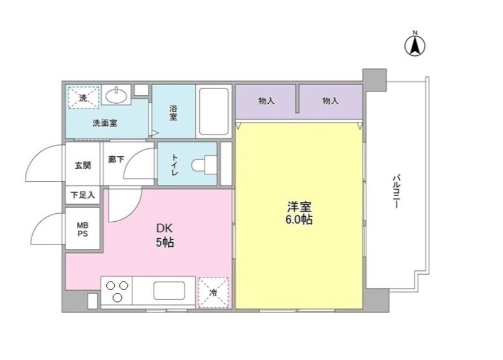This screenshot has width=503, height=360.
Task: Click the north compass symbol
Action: click(x=415, y=45)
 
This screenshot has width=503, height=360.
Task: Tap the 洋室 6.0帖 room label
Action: click(x=299, y=213)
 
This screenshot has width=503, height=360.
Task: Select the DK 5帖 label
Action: click(x=165, y=236)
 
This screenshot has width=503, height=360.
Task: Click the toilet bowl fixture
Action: click(x=201, y=165)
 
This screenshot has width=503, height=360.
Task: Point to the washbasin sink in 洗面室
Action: click(x=116, y=96)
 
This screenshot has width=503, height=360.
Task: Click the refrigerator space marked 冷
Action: click(x=213, y=292)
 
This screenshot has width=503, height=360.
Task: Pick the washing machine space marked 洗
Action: click(x=84, y=97)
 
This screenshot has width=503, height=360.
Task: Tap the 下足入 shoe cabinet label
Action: click(x=83, y=195)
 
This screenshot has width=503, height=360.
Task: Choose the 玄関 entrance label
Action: click(x=83, y=166)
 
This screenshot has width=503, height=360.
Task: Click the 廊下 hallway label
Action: click(x=116, y=160)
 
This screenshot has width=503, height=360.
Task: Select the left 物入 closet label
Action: click(x=266, y=101)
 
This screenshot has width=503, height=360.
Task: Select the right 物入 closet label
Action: click(x=330, y=101)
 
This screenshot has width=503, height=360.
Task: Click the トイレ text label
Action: click(x=175, y=165)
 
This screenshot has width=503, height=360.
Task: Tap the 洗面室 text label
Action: click(x=106, y=122)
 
